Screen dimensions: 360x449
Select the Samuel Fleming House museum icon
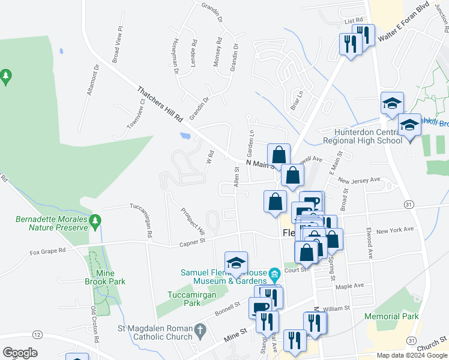274,275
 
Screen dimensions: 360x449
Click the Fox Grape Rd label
47,253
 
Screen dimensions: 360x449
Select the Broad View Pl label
116,45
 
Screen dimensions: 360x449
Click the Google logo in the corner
20,353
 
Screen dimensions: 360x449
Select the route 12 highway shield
38,334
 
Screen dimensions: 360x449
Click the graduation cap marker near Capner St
236,263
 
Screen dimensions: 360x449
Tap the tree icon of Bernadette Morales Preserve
95,223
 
